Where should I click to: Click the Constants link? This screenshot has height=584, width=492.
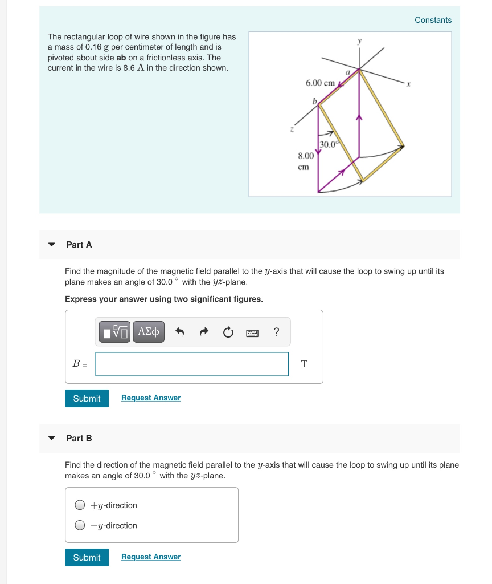[433, 20]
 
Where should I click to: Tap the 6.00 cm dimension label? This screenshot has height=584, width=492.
[320, 83]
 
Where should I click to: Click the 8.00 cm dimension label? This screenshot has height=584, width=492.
[305, 161]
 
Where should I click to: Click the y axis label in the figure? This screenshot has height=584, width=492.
[359, 42]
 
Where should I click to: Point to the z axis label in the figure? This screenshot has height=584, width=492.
[293, 129]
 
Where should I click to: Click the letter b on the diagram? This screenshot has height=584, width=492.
[313, 101]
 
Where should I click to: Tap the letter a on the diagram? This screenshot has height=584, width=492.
[347, 72]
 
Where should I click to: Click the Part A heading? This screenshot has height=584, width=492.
[79, 245]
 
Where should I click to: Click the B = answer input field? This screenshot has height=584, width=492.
[192, 364]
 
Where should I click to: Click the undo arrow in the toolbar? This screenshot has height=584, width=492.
[179, 332]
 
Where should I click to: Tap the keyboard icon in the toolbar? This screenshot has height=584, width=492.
[252, 332]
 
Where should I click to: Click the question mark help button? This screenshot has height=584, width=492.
[276, 332]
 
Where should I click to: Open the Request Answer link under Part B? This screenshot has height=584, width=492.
[151, 557]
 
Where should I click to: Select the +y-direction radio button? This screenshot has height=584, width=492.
[81, 505]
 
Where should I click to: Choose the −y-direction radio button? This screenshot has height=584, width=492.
[81, 525]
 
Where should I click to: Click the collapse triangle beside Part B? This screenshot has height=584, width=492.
[52, 439]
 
